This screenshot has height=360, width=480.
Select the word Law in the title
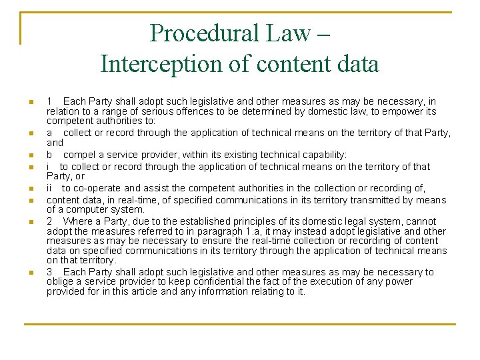(x=297, y=33)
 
